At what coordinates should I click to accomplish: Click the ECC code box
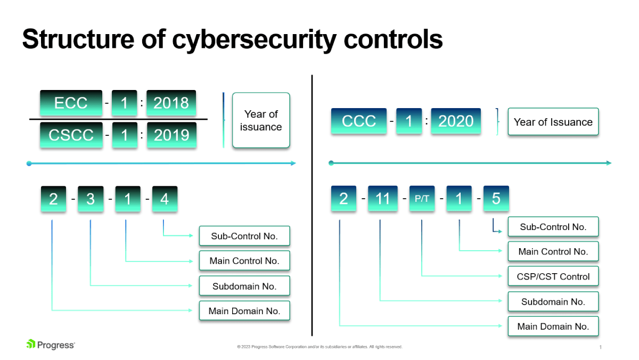point(71,103)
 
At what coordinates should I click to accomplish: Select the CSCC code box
point(71,135)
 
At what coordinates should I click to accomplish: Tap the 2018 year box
point(171,103)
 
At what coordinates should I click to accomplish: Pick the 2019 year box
point(171,135)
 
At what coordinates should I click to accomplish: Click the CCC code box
point(358,121)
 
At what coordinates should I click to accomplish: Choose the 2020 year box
point(455,121)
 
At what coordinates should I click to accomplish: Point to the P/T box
point(422,199)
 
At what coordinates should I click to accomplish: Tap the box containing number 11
point(383,199)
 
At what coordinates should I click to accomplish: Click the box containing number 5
point(496,199)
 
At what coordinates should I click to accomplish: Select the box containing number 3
point(91,199)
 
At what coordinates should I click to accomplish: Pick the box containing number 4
point(165,199)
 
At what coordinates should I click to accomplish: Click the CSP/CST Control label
point(553,276)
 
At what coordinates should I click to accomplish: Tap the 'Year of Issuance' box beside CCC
point(553,122)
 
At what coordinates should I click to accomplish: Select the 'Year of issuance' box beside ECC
point(261,120)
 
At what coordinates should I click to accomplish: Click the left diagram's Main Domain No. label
point(244,311)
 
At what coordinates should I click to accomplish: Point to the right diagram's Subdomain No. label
point(553,301)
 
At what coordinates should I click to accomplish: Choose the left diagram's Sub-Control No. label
point(244,236)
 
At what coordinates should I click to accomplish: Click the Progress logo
point(51,345)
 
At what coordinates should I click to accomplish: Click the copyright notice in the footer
point(319,347)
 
